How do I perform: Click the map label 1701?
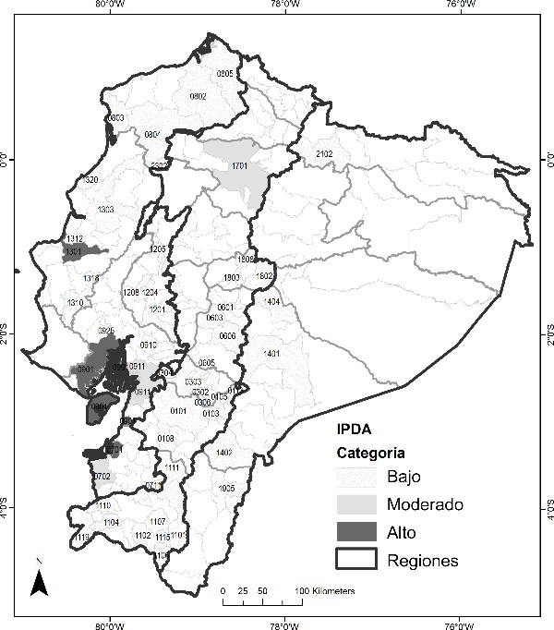240,167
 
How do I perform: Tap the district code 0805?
224,73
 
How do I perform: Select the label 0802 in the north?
198,96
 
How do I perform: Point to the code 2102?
324,153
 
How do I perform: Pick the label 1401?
271,354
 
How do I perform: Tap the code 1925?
227,488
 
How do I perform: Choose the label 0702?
102,477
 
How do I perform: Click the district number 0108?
166,438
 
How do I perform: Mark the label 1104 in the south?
111,523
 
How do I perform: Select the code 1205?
158,249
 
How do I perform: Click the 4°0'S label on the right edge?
545,506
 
